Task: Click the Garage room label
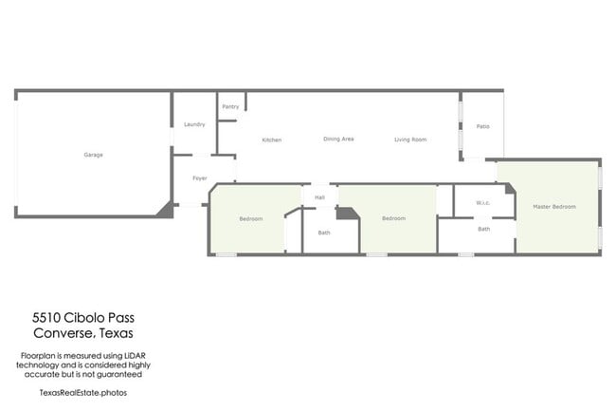(x=93, y=155)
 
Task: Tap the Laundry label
(x=194, y=124)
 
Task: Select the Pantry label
(x=230, y=106)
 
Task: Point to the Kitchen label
(x=272, y=140)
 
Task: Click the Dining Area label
(x=338, y=140)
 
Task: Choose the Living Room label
(x=410, y=140)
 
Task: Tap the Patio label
(x=482, y=126)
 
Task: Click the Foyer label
(x=200, y=178)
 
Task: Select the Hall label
(x=320, y=197)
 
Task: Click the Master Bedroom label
(x=554, y=206)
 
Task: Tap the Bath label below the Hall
(x=324, y=233)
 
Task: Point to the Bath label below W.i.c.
(x=483, y=229)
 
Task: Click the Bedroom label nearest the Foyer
(x=250, y=218)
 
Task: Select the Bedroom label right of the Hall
(x=393, y=218)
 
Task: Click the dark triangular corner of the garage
(x=167, y=210)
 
